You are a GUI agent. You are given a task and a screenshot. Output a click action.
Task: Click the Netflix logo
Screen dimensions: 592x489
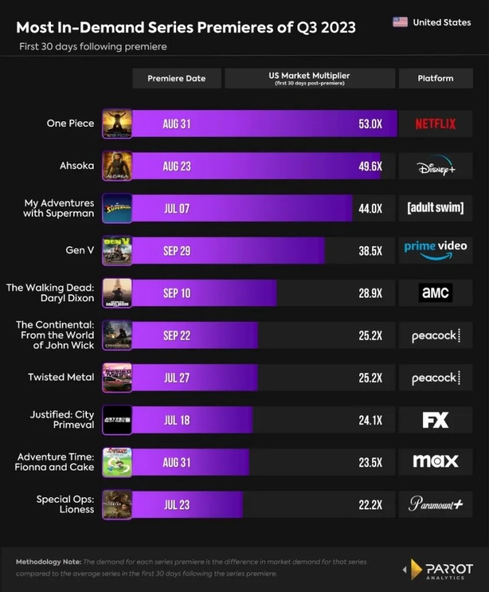coord(435,124)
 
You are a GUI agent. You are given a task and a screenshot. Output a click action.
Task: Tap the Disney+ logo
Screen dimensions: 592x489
coord(435,167)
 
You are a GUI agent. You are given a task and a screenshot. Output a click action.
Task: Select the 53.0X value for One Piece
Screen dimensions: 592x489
coord(370,124)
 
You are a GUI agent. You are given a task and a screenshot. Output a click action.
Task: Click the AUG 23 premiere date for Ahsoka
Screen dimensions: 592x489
coord(177,166)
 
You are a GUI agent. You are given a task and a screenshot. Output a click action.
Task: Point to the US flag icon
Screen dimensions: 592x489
coord(400,22)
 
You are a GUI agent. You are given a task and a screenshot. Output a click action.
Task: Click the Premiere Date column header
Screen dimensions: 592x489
coord(177,78)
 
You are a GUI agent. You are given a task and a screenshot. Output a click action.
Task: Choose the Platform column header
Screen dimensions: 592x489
coord(435,78)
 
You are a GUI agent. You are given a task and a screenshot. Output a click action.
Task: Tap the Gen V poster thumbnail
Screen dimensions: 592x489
coord(117,251)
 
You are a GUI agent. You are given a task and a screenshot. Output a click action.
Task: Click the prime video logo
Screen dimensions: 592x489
coord(435,250)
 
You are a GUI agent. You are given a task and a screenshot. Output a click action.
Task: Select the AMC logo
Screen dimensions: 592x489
coord(435,293)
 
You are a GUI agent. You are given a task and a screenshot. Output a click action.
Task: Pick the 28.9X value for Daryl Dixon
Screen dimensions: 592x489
coord(370,293)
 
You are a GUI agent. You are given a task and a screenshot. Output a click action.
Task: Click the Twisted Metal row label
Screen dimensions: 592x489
coord(61,377)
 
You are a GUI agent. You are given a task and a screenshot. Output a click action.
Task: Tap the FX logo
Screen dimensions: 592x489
coord(435,420)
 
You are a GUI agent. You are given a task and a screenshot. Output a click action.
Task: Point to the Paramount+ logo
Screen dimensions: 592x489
coord(435,504)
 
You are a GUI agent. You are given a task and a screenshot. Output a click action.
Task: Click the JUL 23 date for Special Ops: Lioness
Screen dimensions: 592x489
coord(177,505)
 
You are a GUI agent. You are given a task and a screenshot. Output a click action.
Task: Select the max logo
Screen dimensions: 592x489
coord(435,462)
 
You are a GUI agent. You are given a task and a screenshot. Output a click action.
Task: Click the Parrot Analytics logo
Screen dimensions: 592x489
coord(441,570)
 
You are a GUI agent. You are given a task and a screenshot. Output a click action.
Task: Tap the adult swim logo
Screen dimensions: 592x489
coord(435,208)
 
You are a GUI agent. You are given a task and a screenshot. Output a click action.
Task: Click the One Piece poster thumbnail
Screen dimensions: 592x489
coord(117,124)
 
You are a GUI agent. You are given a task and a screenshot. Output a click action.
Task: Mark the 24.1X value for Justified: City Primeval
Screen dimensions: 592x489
coord(370,420)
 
